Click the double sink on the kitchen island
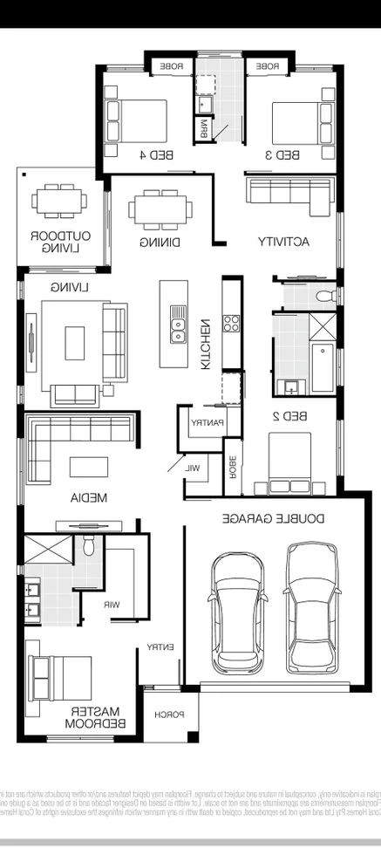[x=178, y=325]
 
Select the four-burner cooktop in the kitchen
[x=233, y=324]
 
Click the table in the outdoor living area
[x=60, y=200]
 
